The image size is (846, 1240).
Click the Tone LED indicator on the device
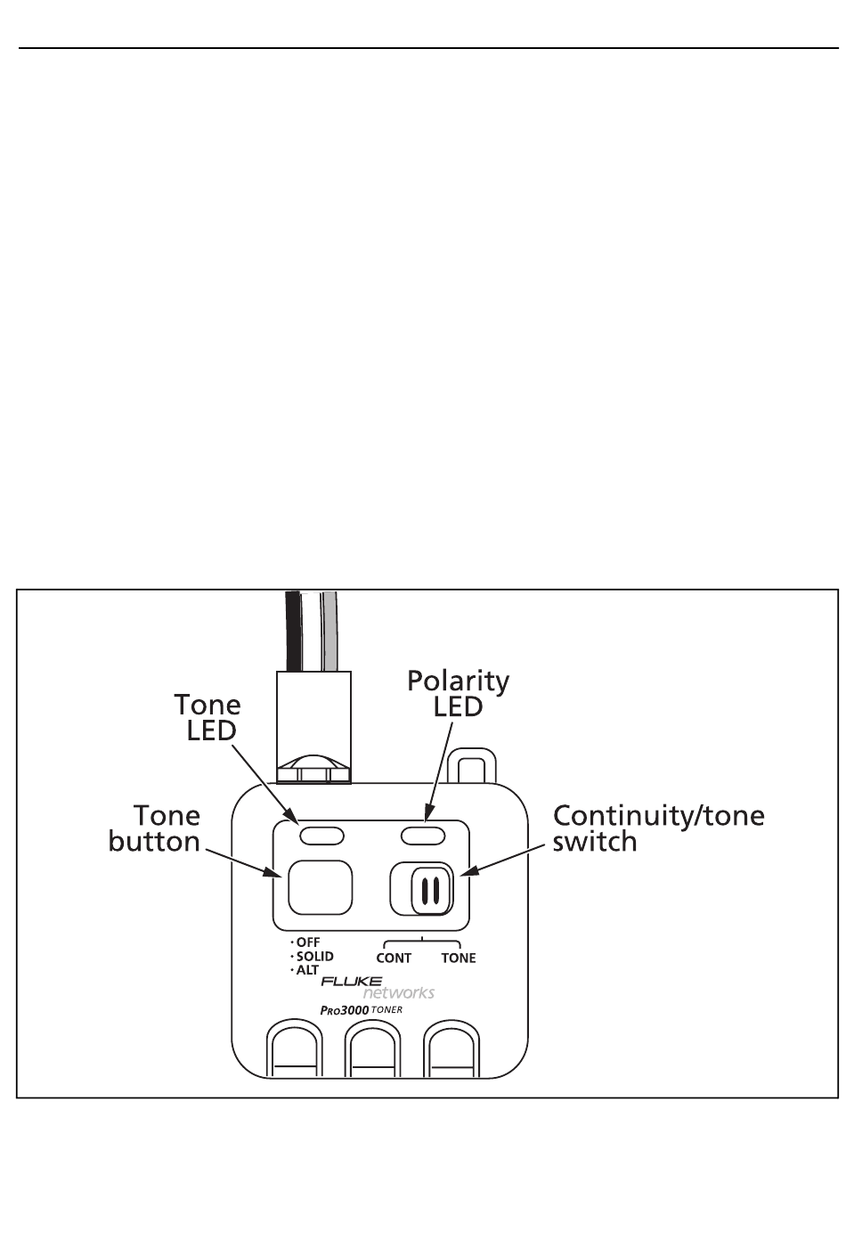pos(316,836)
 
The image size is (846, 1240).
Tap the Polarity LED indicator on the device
pos(422,836)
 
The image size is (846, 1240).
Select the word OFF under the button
pos(307,942)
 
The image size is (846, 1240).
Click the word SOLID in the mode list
pos(314,957)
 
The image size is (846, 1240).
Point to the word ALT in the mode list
pos(308,971)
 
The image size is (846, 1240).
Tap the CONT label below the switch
pos(394,959)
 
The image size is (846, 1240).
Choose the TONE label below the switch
pos(459,959)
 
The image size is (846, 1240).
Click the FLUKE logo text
pos(352,982)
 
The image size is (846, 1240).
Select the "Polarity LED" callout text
pos(458,694)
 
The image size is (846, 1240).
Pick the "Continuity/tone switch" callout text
pos(658,828)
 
